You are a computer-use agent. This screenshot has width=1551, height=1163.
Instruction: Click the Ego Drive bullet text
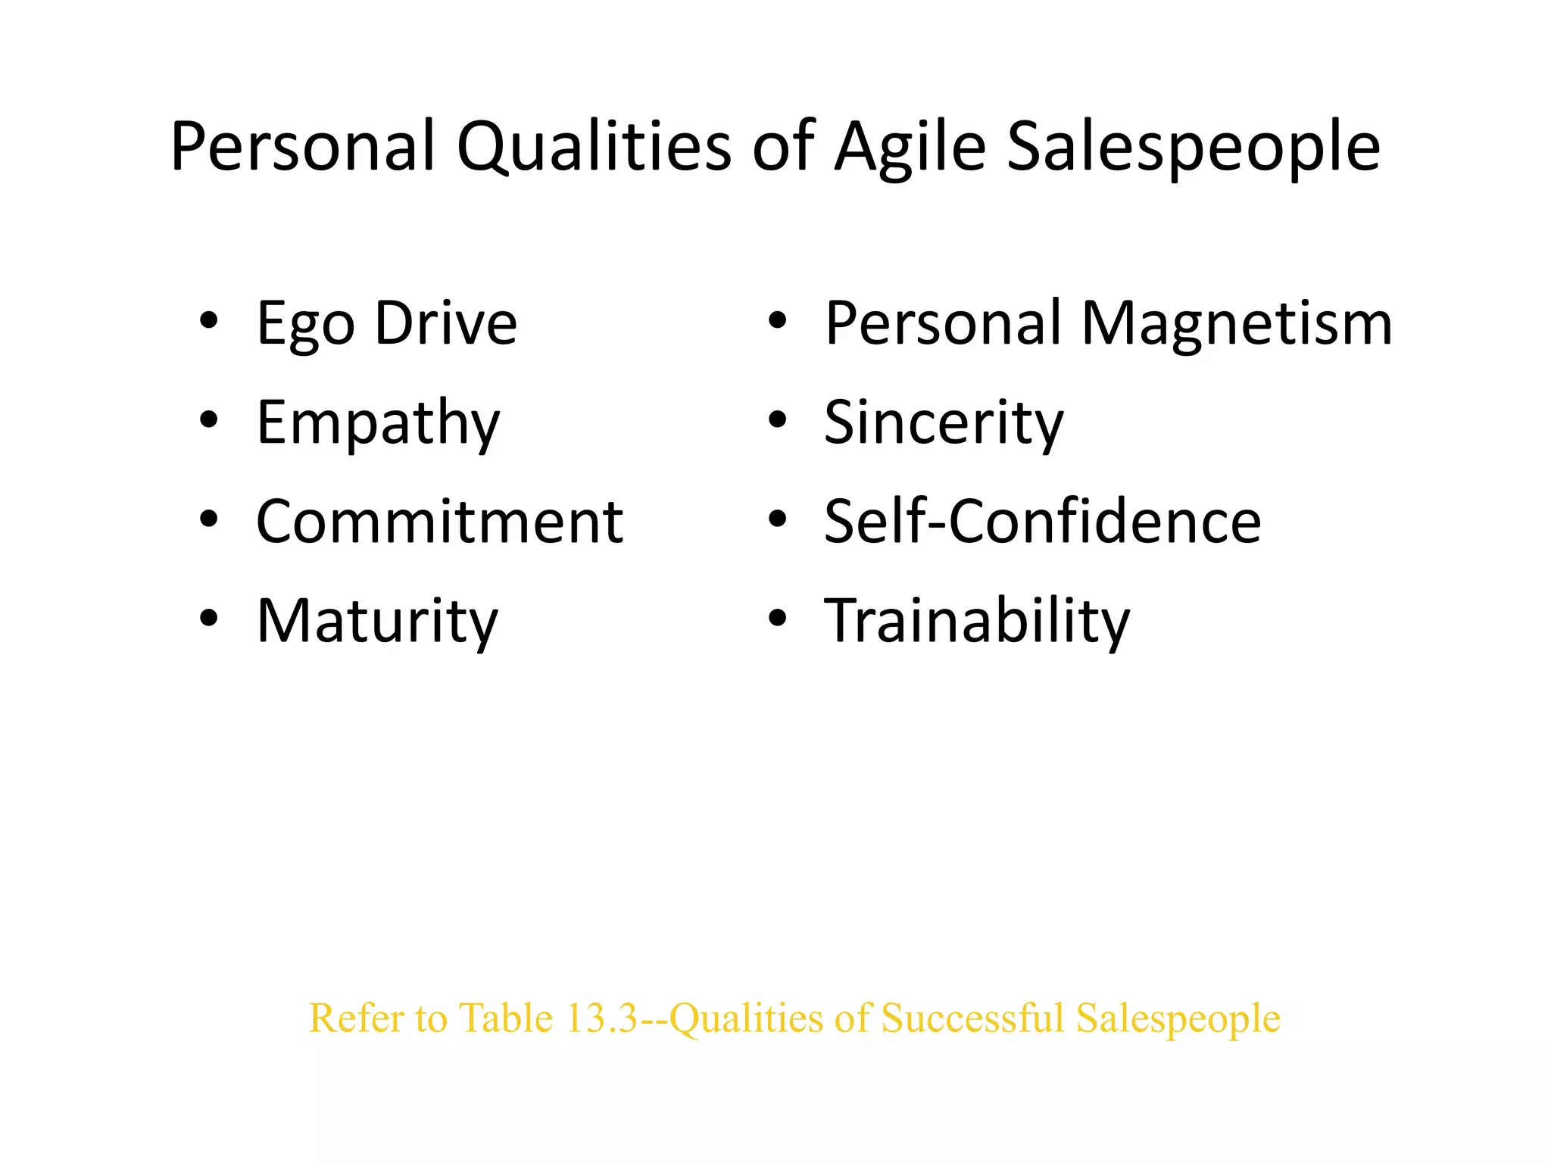[386, 323]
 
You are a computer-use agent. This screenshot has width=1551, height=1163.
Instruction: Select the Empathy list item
[378, 422]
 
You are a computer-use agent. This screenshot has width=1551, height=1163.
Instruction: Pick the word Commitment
[439, 522]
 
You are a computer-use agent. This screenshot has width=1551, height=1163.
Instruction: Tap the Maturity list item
[377, 621]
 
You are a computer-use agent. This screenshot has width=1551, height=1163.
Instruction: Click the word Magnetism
[1237, 323]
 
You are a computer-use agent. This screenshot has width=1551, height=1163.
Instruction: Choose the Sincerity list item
[944, 422]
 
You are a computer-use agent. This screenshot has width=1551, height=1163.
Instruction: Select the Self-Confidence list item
[1042, 522]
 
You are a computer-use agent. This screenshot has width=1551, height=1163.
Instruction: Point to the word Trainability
[977, 621]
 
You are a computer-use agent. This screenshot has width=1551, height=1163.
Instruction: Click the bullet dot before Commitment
[209, 519]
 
